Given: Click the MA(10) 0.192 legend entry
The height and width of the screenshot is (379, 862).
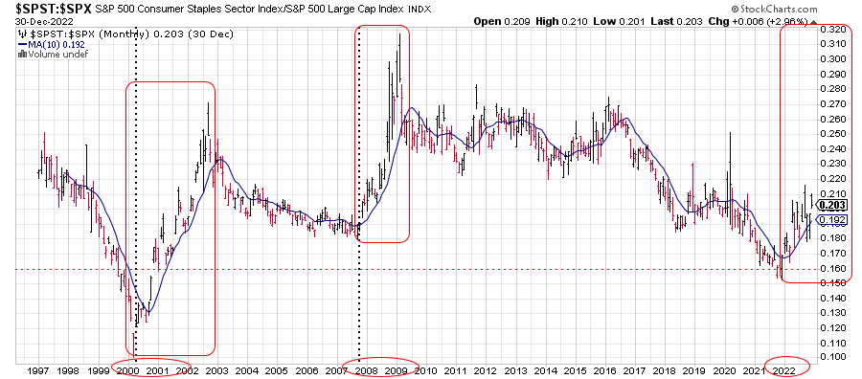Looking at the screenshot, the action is pos(51,44).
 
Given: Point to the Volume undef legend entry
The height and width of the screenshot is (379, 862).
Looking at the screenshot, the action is pos(53,54).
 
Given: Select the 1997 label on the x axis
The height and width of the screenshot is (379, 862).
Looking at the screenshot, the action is pos(35,369).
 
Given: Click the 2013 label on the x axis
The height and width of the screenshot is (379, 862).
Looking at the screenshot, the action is pos(513,369).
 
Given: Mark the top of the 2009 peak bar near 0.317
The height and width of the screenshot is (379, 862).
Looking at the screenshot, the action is pos(399,34).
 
